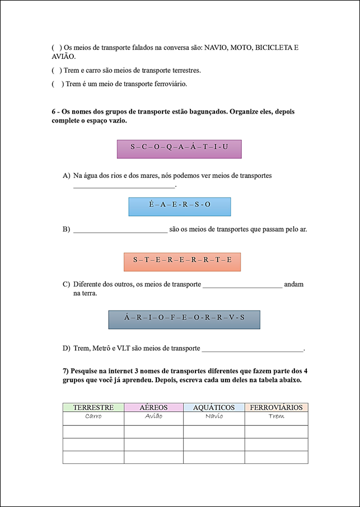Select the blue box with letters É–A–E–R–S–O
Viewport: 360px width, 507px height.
(180, 206)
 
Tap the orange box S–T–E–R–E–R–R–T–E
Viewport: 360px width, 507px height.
(182, 262)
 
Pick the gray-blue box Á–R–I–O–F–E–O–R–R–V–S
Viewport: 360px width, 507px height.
(184, 320)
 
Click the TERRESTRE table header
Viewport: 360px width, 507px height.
(93, 407)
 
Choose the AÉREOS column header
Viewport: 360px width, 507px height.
(153, 407)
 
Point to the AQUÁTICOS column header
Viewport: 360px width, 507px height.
(213, 407)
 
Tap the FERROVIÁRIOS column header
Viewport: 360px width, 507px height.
(277, 407)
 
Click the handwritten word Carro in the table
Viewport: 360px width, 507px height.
(93, 416)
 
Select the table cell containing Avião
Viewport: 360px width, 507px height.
(153, 416)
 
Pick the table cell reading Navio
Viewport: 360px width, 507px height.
(214, 416)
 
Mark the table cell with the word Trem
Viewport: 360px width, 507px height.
(277, 416)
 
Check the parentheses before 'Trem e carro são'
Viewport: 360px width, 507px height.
(57, 71)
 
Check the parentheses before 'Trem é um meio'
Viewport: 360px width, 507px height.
(57, 84)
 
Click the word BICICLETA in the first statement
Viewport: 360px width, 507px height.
(274, 48)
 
